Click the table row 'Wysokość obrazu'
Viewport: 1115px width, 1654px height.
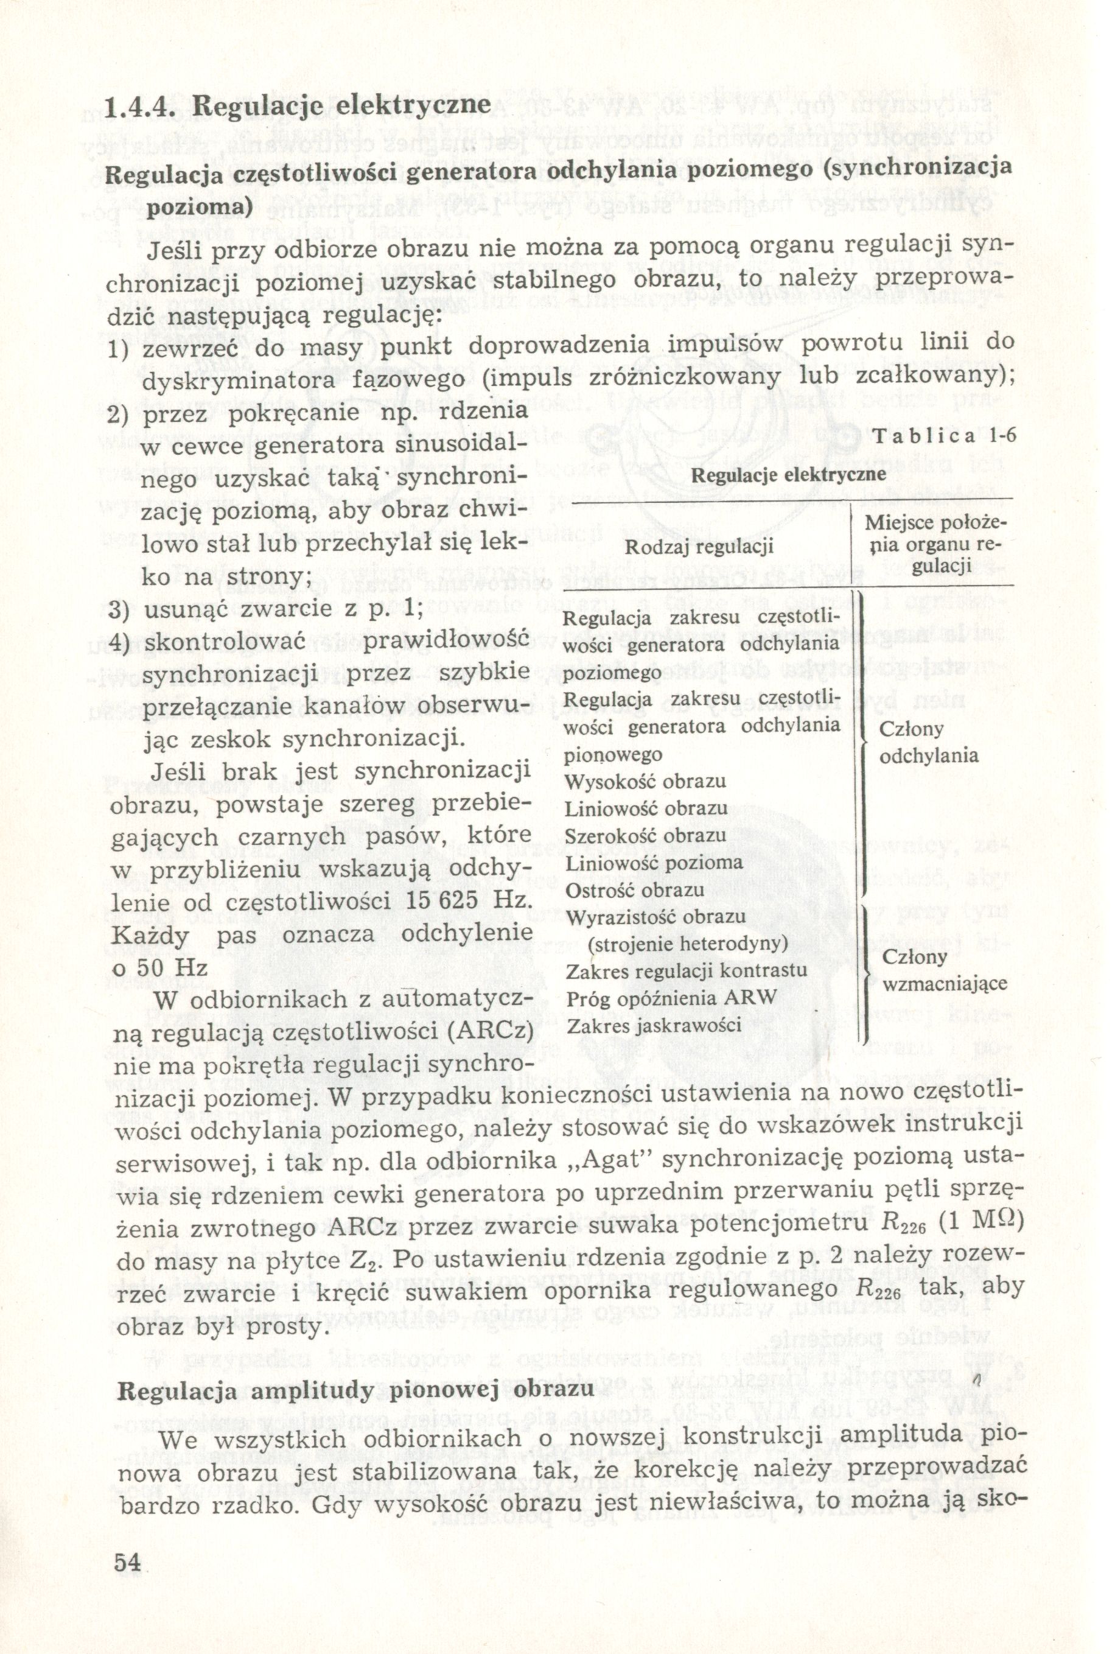(645, 782)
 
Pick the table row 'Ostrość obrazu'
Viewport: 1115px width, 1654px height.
(634, 889)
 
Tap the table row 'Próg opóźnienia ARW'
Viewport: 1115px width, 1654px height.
(669, 998)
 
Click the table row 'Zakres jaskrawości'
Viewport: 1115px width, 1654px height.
(654, 1025)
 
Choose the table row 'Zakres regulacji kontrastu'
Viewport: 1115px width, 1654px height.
(686, 970)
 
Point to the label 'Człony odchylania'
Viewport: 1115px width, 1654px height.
(928, 741)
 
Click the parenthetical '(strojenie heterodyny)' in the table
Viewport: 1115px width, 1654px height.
(688, 944)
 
